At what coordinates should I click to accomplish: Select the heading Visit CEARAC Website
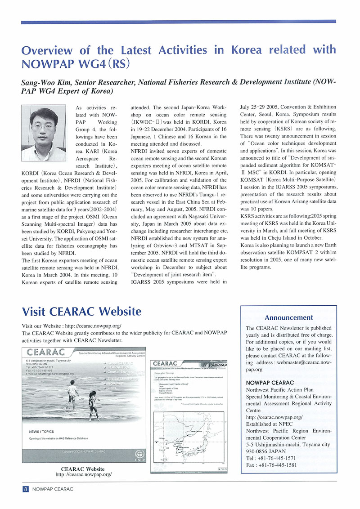[81, 311]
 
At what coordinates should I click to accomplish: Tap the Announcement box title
[289, 317]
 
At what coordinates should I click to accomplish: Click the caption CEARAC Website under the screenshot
[83, 469]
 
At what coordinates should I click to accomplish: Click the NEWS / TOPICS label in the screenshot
[41, 432]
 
